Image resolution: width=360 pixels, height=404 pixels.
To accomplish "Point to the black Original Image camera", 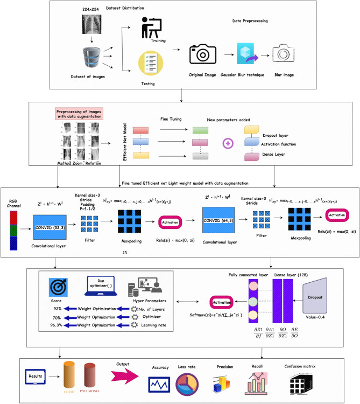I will (202, 54).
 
